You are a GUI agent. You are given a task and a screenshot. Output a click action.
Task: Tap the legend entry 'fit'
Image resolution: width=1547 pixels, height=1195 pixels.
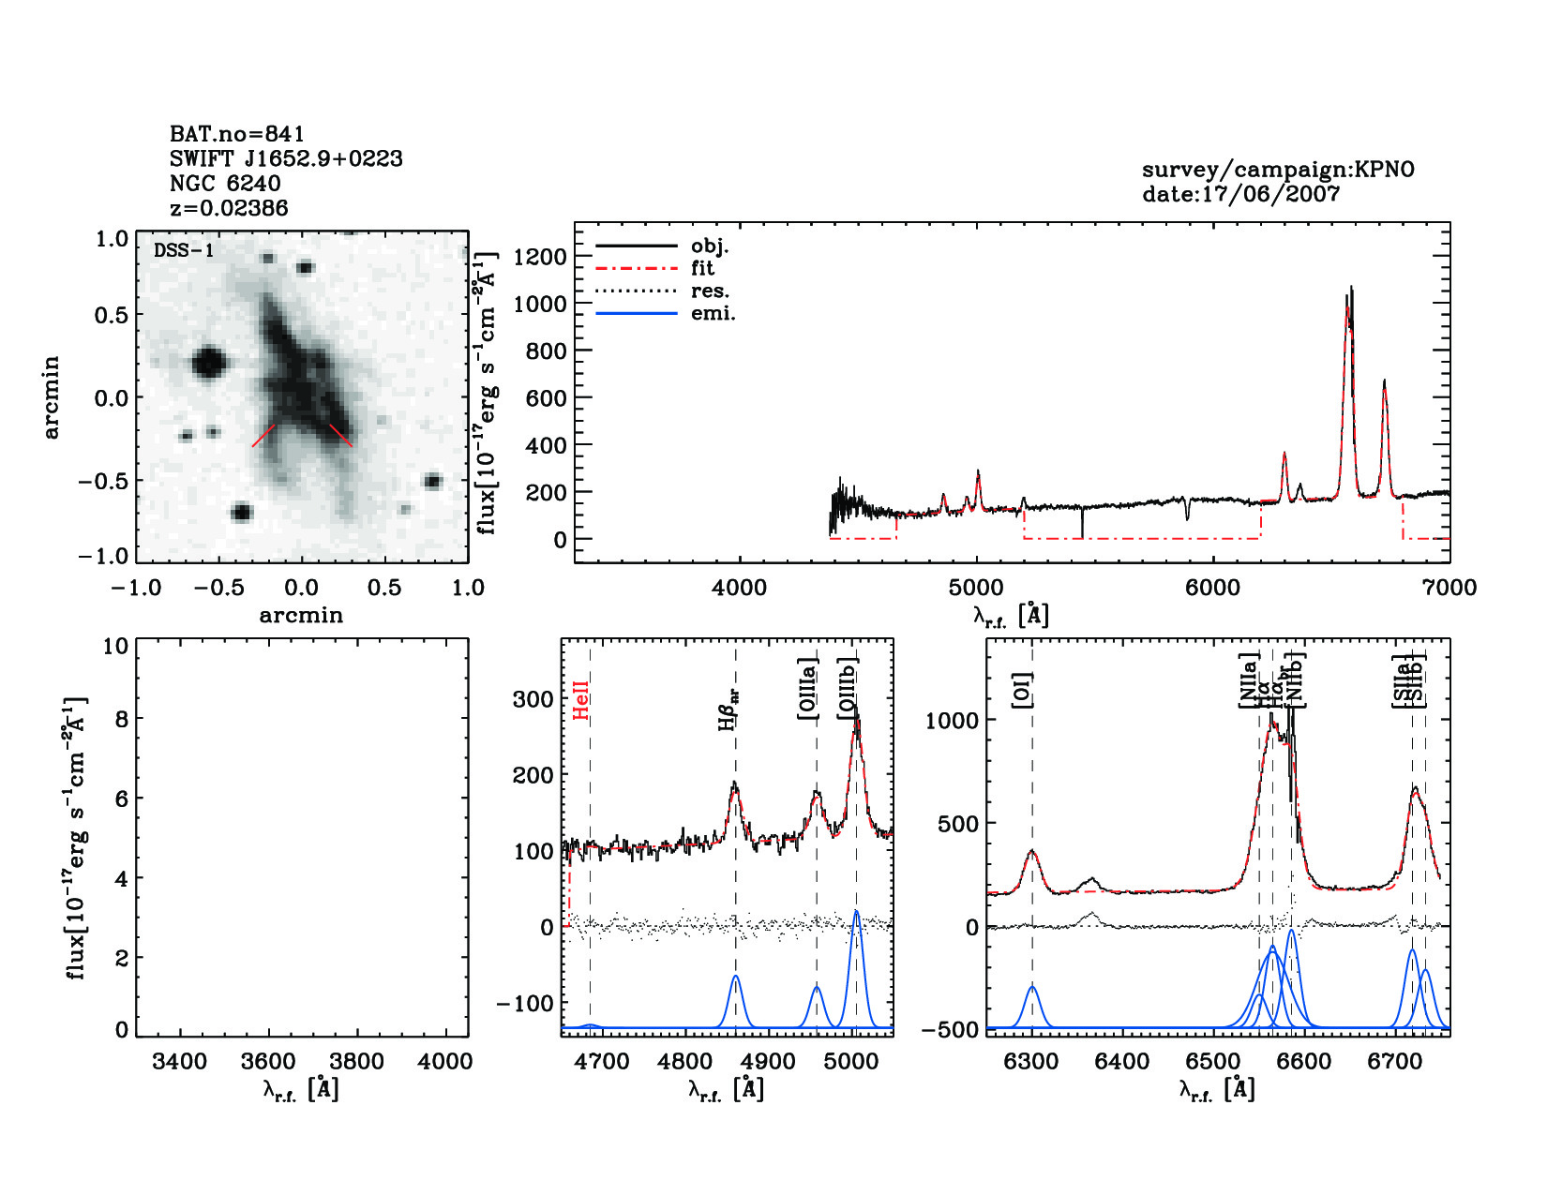[702, 269]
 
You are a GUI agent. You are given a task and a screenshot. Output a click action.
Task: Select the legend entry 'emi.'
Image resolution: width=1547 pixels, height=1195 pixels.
[713, 314]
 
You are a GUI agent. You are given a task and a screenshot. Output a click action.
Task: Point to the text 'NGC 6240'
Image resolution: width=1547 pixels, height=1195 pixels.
[225, 184]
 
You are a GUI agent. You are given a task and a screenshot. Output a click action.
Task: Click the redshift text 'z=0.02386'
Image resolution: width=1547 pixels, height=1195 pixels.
[229, 208]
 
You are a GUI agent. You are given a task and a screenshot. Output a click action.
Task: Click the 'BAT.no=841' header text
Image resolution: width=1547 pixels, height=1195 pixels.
[236, 134]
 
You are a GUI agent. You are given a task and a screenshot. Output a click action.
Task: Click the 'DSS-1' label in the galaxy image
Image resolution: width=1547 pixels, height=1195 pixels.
[184, 250]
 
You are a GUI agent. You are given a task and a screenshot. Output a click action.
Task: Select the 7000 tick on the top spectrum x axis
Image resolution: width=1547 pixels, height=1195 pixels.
[1449, 589]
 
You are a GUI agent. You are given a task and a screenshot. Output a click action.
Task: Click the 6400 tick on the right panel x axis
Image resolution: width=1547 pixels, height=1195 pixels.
[1122, 1062]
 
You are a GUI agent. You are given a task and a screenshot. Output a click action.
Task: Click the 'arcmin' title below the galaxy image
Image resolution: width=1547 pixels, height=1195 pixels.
[301, 616]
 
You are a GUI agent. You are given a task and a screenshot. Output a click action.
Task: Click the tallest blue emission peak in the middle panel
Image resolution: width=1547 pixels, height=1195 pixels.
[855, 912]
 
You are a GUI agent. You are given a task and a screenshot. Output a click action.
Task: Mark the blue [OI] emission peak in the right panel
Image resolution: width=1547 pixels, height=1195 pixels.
[1032, 987]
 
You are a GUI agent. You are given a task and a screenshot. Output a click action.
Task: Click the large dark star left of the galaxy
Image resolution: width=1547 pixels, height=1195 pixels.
[208, 362]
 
